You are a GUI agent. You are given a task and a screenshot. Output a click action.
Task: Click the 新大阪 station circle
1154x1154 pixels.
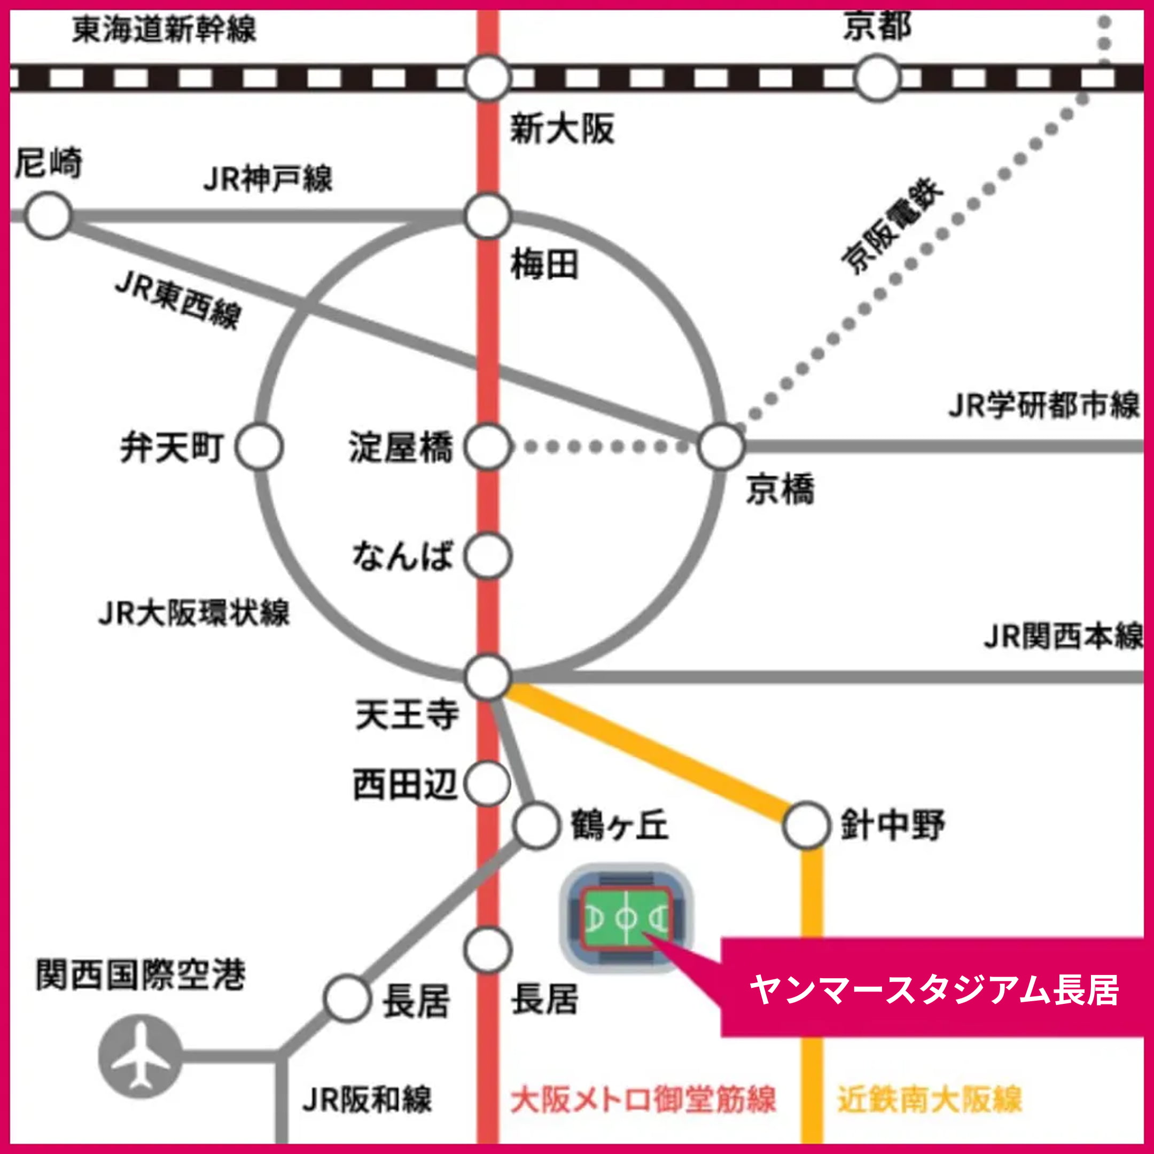point(488,78)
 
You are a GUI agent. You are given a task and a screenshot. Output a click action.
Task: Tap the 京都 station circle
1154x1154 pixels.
point(877,78)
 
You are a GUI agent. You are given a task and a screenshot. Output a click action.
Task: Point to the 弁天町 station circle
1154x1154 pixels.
point(259,447)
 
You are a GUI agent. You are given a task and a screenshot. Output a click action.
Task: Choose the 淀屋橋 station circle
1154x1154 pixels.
point(488,447)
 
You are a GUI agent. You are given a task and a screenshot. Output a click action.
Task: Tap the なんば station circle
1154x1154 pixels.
point(488,556)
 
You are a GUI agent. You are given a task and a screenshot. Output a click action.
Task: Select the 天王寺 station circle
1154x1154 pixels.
point(488,677)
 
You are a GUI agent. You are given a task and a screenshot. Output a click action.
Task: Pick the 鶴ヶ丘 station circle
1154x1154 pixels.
point(536,825)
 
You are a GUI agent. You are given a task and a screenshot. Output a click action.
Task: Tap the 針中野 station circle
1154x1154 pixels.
point(806,825)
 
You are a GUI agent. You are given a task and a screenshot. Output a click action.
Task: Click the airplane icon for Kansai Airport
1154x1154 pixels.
point(140,1056)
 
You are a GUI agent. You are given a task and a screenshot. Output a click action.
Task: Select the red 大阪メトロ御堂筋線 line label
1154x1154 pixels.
point(643,1100)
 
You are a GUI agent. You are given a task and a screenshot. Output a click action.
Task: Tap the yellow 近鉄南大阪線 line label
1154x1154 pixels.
point(930,1100)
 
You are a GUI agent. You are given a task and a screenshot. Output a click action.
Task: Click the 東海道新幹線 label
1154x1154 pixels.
point(164,29)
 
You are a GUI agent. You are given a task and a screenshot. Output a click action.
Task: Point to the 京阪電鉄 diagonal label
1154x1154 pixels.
point(892,227)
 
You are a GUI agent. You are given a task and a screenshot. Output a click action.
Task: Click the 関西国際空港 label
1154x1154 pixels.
point(141,976)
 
